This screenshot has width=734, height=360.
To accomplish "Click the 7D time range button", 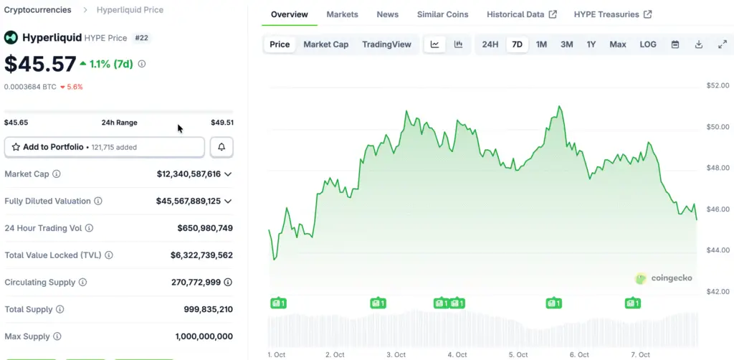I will tap(516, 44).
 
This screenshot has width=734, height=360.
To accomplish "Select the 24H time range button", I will tap(490, 44).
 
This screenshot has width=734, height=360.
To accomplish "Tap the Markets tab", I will tap(342, 14).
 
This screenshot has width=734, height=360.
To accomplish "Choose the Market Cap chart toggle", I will tap(325, 44).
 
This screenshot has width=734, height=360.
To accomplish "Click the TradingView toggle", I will tap(386, 44).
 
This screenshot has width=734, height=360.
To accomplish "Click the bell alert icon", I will tap(221, 147).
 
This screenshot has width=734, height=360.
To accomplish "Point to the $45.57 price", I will tap(40, 64).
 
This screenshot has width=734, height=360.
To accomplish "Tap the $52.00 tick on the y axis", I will tap(718, 85).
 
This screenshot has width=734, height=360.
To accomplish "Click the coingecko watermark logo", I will tap(664, 278).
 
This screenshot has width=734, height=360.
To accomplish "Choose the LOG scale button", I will tap(647, 44).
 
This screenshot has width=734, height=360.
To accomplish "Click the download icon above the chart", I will tap(699, 44).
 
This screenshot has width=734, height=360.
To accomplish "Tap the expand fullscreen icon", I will tap(723, 44).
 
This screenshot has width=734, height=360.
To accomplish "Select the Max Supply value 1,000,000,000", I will tap(204, 336).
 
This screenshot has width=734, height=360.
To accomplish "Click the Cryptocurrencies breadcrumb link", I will tap(38, 10).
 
